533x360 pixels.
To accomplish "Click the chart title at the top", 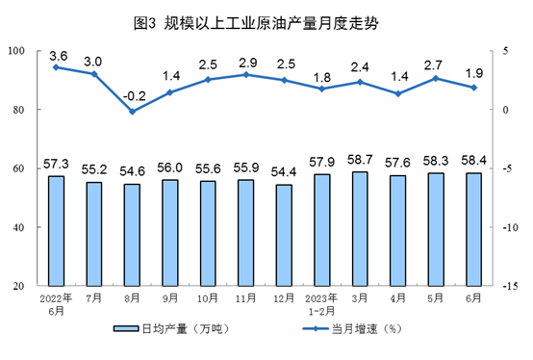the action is click(256, 23).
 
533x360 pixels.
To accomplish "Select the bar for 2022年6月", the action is click(56, 231).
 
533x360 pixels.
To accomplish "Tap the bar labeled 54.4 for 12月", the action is click(284, 235).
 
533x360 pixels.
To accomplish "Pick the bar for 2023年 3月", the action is click(360, 229).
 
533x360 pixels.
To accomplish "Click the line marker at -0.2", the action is click(132, 112).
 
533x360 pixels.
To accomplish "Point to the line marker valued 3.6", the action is click(56, 67).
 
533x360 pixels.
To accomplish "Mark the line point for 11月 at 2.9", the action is click(246, 75).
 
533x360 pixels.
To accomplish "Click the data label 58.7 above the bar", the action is click(360, 160).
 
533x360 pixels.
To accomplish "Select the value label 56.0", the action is click(170, 167).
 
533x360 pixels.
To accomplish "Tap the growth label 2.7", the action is click(433, 64).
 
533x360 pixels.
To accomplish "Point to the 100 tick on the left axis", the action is click(16, 51).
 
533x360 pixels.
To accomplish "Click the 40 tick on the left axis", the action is click(18, 227).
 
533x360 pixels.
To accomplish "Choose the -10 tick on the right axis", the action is click(511, 227).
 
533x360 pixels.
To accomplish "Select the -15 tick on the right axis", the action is click(511, 286).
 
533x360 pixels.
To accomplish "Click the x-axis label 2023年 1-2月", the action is click(321, 304).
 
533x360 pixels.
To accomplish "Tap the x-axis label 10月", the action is click(208, 298).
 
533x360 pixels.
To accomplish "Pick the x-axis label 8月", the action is click(132, 298).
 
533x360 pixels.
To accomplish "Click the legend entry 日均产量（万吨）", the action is click(172, 329).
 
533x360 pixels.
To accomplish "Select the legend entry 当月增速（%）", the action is click(353, 329).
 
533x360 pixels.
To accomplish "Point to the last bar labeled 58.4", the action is click(474, 229).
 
